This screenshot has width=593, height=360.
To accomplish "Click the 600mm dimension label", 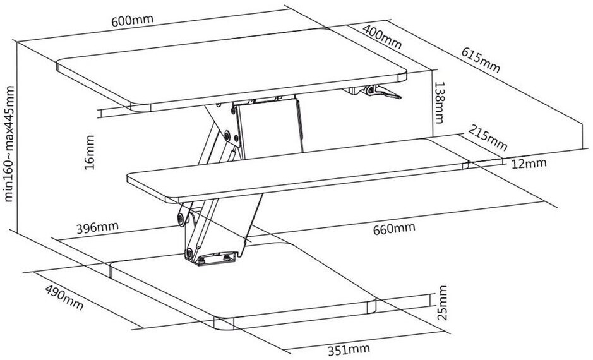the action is pyautogui.click(x=133, y=20).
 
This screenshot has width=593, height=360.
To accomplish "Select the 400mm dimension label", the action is pyautogui.click(x=382, y=37).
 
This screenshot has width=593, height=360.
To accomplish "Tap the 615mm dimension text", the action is pyautogui.click(x=481, y=60).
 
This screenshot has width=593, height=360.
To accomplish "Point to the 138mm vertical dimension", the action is pyautogui.click(x=439, y=102).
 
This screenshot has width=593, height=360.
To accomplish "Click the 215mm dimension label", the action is pyautogui.click(x=488, y=137).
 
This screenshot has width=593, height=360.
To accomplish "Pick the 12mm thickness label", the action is pyautogui.click(x=529, y=164).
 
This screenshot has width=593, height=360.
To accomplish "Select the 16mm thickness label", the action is pyautogui.click(x=90, y=152).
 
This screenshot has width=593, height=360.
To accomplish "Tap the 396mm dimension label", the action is pyautogui.click(x=98, y=228).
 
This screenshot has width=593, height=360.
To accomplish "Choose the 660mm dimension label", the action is pyautogui.click(x=394, y=229).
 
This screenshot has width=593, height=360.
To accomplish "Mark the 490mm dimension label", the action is pyautogui.click(x=64, y=297).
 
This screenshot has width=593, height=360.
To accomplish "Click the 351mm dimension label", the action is pyautogui.click(x=349, y=350).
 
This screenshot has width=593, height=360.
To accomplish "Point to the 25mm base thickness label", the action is pyautogui.click(x=442, y=303).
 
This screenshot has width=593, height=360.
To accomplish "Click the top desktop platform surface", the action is pyautogui.click(x=231, y=68).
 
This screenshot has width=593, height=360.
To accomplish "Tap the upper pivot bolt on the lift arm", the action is pyautogui.click(x=227, y=135).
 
